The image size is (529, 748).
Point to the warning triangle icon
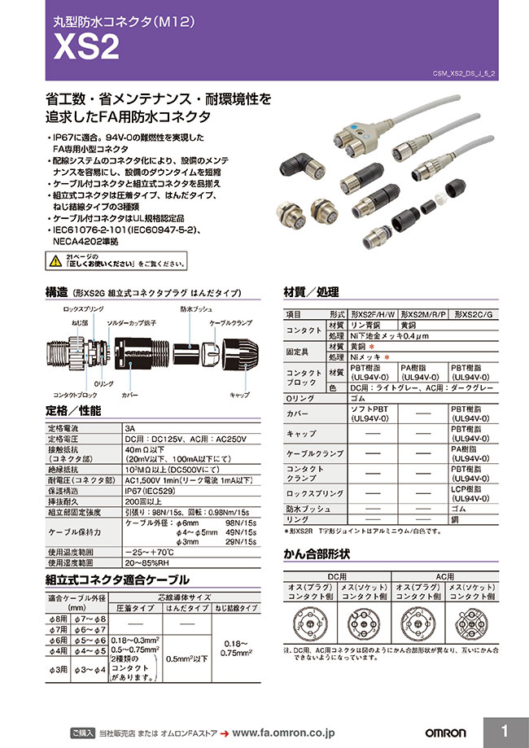55,261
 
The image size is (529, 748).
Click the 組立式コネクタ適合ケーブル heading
119,580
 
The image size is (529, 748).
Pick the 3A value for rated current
130,426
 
